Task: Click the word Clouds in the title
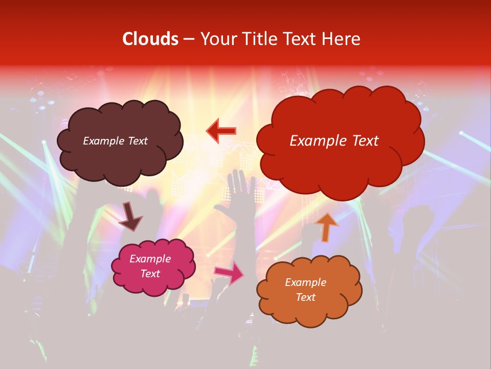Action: click(x=150, y=39)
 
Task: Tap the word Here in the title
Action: click(x=342, y=39)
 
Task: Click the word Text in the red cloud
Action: click(x=365, y=141)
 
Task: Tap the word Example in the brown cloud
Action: click(x=103, y=141)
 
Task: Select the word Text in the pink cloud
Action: click(x=150, y=274)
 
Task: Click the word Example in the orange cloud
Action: click(x=305, y=282)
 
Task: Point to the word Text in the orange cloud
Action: click(x=305, y=297)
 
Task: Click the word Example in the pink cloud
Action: click(x=150, y=259)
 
